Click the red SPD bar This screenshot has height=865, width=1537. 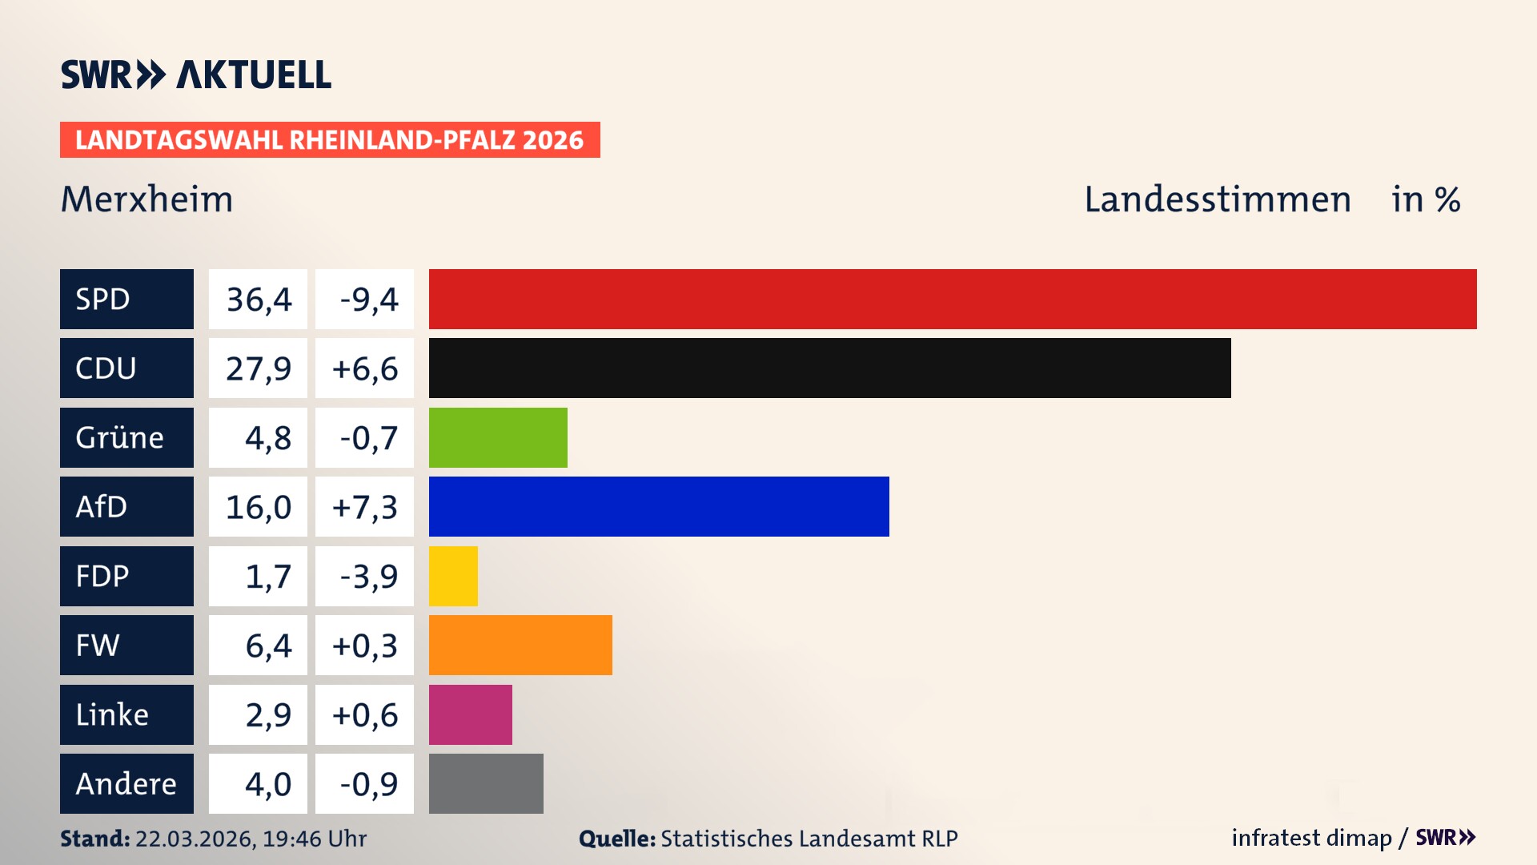[953, 299]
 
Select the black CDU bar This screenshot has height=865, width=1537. [829, 368]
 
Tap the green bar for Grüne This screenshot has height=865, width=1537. [498, 437]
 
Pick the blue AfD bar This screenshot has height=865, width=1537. [659, 506]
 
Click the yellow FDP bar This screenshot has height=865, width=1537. [453, 576]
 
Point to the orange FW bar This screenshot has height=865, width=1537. [520, 645]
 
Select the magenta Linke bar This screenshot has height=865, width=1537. [470, 714]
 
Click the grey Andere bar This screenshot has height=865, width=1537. [486, 783]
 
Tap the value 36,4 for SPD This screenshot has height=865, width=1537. [259, 300]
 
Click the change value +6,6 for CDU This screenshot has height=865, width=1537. [365, 368]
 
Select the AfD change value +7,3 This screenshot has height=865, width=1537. [365, 507]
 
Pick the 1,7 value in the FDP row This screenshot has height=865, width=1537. [267, 577]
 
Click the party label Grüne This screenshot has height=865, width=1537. [119, 438]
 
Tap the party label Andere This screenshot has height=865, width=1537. [126, 784]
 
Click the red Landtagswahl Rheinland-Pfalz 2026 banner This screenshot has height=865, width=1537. [329, 140]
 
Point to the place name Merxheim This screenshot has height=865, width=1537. [146, 199]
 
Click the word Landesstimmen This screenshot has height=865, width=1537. [1217, 199]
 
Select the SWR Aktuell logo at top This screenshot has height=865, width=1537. [195, 74]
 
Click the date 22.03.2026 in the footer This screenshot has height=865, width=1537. [195, 839]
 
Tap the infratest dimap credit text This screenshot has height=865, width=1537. [1310, 838]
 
